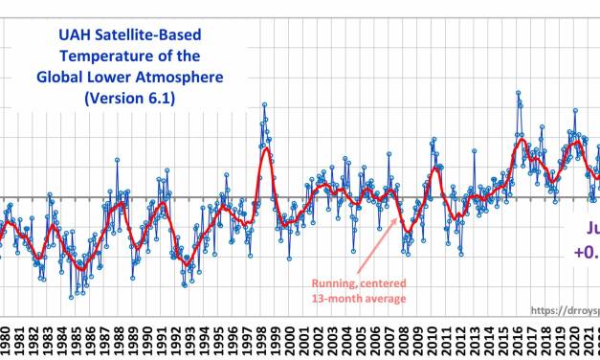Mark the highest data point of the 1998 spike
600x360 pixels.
tap(264, 104)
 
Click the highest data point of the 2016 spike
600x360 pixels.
tap(518, 93)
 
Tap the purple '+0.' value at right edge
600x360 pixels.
tap(586, 252)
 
